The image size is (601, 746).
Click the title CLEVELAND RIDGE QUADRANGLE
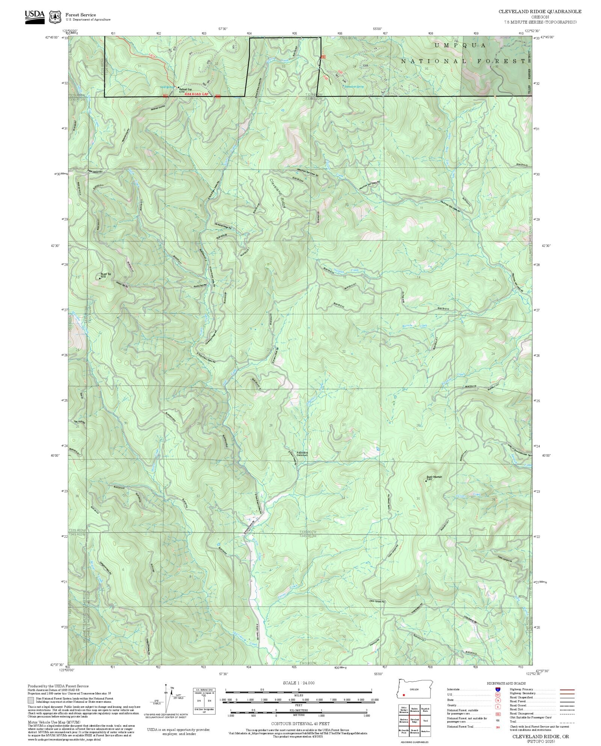point(540,12)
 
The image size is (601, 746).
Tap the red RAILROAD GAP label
point(196,94)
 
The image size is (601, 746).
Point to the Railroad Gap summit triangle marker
point(178,87)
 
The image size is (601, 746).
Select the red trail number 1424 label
point(151,56)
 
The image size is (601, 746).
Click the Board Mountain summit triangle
point(426,480)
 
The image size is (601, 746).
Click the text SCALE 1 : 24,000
point(299,683)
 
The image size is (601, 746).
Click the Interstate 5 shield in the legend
point(498,690)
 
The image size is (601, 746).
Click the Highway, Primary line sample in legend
point(567,690)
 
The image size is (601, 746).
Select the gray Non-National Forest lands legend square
point(30,700)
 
